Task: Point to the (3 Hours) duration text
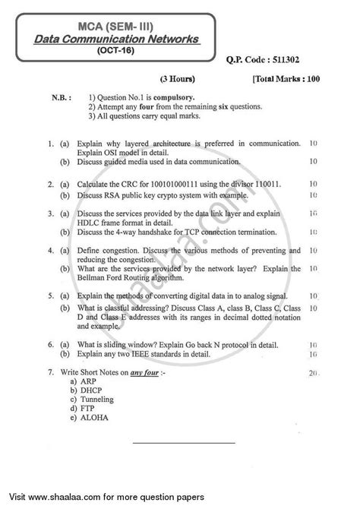point(178,78)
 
